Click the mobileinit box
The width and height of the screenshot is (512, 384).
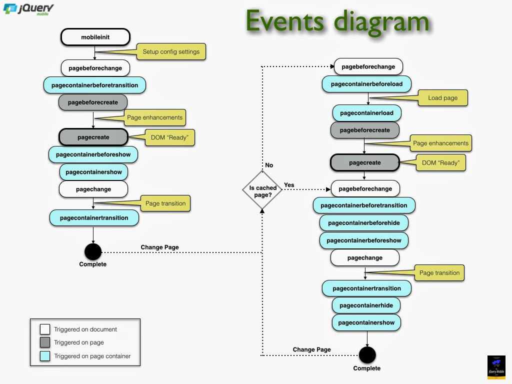pyautogui.click(x=95, y=37)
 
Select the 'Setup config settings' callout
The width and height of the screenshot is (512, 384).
pyautogui.click(x=171, y=51)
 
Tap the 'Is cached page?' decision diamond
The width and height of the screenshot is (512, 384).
pyautogui.click(x=262, y=191)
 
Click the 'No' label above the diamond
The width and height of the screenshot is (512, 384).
pyautogui.click(x=269, y=165)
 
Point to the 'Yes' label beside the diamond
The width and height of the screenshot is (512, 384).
pyautogui.click(x=289, y=185)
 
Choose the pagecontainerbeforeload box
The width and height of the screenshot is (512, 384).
pyautogui.click(x=366, y=84)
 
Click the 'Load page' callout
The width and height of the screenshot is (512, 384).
pyautogui.click(x=442, y=98)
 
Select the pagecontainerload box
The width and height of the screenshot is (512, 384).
pyautogui.click(x=366, y=113)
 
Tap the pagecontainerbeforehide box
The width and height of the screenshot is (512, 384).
pyautogui.click(x=363, y=222)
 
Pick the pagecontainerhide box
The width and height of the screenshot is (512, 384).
pyautogui.click(x=366, y=305)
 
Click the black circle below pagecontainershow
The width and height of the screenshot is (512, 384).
pyautogui.click(x=367, y=355)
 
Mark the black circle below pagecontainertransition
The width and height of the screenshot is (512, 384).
pyautogui.click(x=93, y=251)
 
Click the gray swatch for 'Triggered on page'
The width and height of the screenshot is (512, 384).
pyautogui.click(x=45, y=342)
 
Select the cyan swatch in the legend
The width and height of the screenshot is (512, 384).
pyautogui.click(x=45, y=356)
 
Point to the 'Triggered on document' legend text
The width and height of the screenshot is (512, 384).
pyautogui.click(x=85, y=329)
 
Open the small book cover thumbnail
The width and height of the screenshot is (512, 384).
pyautogui.click(x=497, y=367)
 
